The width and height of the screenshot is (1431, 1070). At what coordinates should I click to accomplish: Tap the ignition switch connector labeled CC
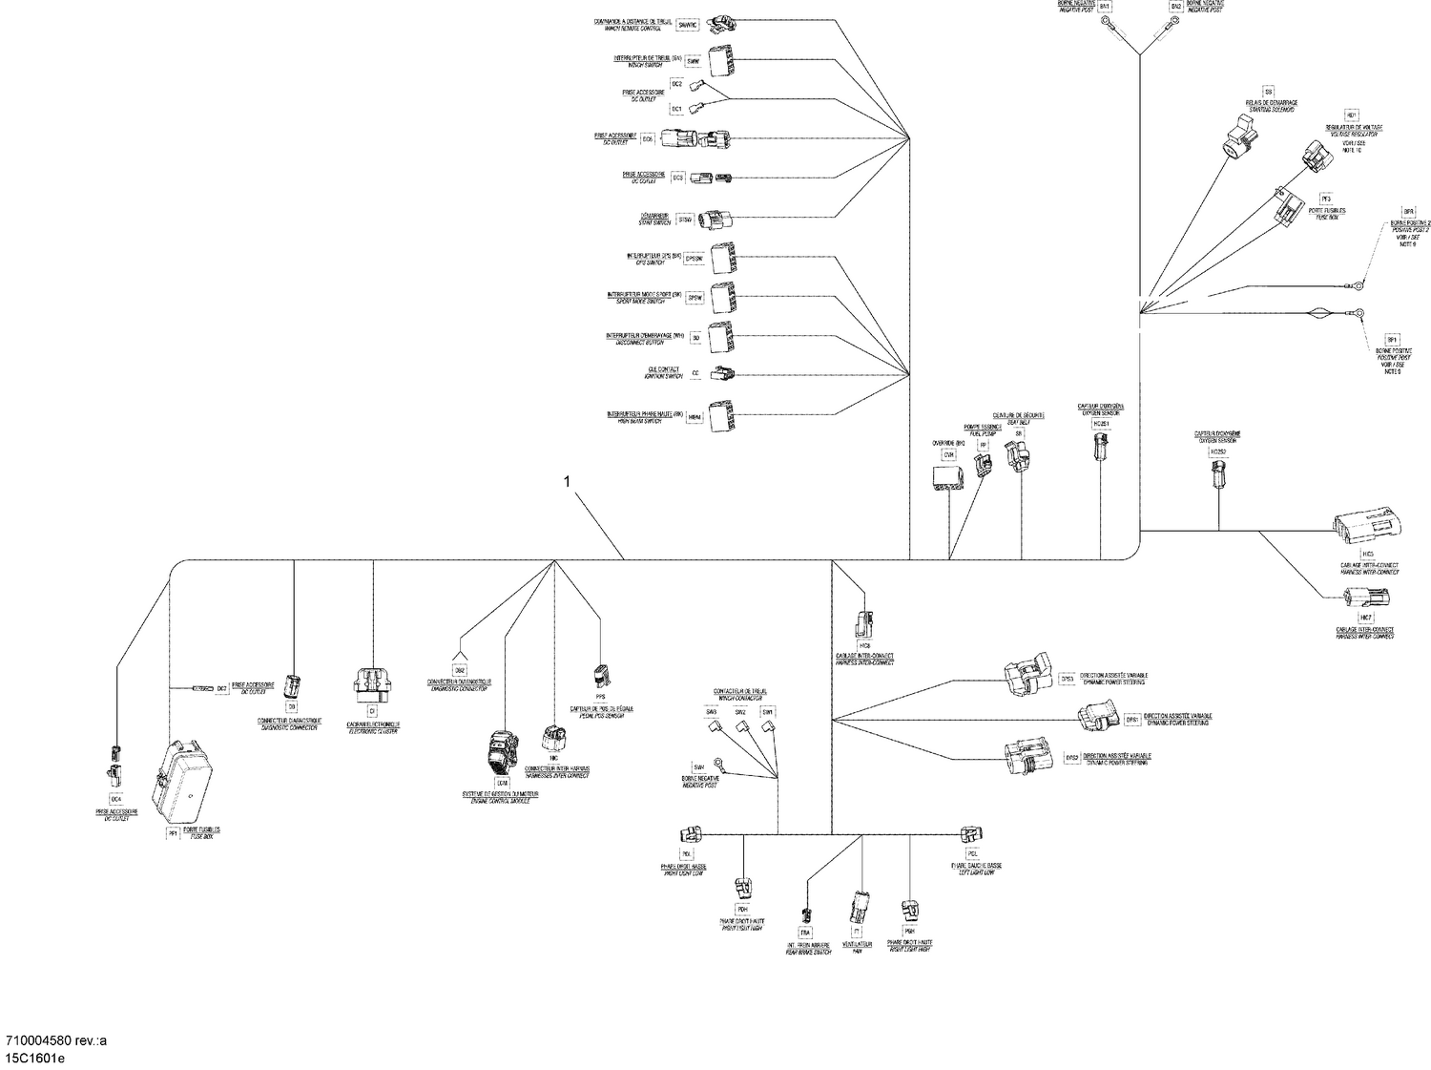(724, 373)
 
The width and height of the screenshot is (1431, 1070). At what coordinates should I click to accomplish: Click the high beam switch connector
(723, 415)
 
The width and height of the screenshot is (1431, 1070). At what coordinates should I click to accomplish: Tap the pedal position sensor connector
(600, 674)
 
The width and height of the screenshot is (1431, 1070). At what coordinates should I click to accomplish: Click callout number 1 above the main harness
(567, 482)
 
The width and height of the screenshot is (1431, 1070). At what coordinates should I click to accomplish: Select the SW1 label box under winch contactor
(767, 711)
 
